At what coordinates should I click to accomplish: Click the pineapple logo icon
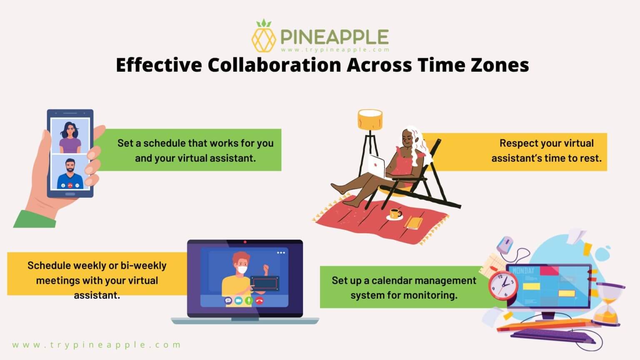(x=263, y=37)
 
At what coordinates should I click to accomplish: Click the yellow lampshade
(x=370, y=120)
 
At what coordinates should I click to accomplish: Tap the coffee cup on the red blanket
(x=394, y=215)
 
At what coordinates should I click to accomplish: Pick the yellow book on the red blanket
(x=414, y=222)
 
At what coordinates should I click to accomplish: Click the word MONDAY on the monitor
(x=523, y=271)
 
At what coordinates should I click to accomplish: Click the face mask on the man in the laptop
(x=242, y=270)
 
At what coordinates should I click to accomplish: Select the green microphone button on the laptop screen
(x=249, y=300)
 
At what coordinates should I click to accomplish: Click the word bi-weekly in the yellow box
(x=143, y=265)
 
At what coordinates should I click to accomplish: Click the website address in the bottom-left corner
(x=96, y=345)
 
